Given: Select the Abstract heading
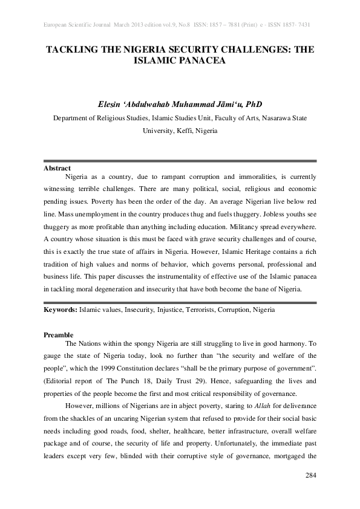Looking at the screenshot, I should (x=57, y=168).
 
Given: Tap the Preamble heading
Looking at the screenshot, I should (x=59, y=335).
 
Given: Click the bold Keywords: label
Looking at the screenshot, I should (x=62, y=310).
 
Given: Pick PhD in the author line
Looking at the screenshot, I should (x=255, y=104).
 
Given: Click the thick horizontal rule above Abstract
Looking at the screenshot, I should (x=180, y=161).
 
